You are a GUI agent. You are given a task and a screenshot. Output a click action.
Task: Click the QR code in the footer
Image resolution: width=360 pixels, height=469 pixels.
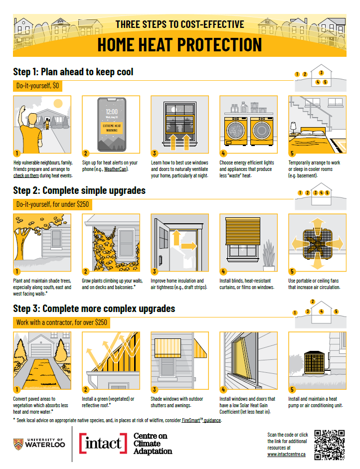pos(329,445)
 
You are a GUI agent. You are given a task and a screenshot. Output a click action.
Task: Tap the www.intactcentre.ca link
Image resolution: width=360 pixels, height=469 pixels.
pos(286,455)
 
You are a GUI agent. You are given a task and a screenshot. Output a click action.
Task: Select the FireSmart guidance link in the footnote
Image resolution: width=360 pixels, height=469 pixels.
pos(201,420)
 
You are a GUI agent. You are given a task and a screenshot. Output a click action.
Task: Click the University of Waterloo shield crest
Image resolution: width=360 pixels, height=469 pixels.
pos(18,444)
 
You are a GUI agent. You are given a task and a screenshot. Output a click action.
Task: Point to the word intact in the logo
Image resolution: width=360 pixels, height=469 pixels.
pos(103,443)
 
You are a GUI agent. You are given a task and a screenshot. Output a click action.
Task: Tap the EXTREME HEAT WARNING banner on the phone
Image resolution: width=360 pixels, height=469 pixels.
pos(112,128)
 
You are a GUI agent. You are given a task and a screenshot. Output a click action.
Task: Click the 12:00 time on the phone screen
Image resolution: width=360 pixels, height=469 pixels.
pos(112,112)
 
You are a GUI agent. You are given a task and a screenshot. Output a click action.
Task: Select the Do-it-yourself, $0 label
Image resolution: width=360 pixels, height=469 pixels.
pos(38,86)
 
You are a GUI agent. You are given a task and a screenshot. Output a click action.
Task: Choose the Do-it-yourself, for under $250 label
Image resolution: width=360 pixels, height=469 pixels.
pos(53,204)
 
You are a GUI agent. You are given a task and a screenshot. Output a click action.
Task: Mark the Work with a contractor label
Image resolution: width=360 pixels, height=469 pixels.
pos(62,322)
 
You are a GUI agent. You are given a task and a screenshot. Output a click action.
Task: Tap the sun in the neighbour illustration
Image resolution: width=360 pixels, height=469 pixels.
pos(58,104)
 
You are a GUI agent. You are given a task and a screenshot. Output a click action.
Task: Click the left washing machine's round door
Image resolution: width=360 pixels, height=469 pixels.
pos(236,131)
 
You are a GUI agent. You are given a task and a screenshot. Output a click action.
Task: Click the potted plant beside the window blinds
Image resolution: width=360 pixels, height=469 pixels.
pos(269,255)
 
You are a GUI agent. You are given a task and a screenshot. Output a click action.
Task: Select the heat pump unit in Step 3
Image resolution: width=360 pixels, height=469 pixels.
pos(314,362)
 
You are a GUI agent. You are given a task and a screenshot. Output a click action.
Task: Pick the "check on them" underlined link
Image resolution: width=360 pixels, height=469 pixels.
pos(26,176)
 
